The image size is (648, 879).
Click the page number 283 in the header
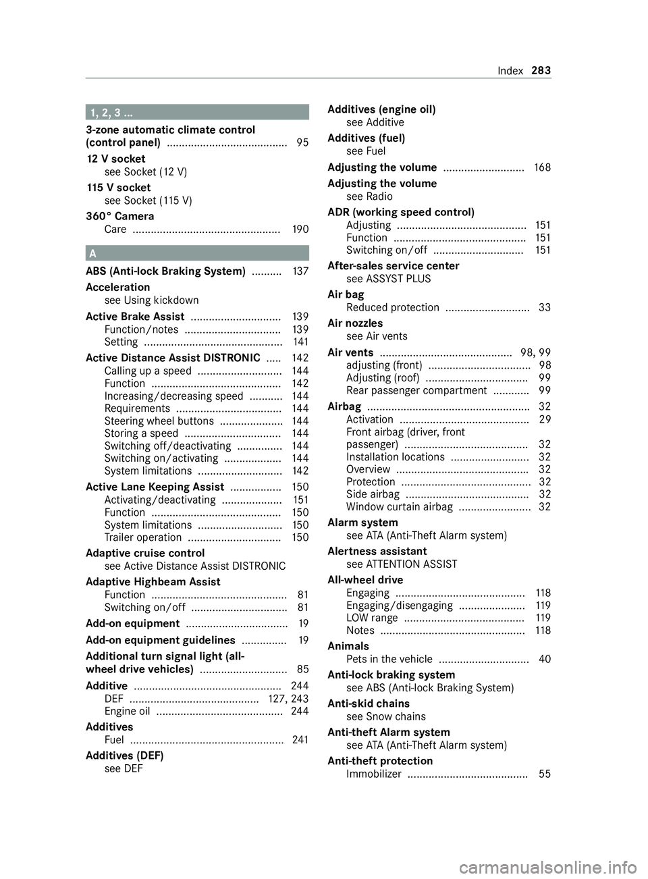coord(541,71)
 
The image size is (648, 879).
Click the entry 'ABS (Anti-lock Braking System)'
coord(165,271)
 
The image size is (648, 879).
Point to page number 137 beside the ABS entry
coord(300,271)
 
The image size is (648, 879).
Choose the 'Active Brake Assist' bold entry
coord(135,317)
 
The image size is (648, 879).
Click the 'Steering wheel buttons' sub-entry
coord(159,421)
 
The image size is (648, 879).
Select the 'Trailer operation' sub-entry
coord(143,538)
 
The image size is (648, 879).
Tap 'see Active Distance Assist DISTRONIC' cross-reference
coord(195,566)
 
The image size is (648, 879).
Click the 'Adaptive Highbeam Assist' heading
coord(153,582)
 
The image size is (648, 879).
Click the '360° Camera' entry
coord(120,217)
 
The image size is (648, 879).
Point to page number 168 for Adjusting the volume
coord(542,167)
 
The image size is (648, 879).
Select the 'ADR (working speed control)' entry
coord(401,212)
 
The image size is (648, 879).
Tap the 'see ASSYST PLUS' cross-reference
coord(388,279)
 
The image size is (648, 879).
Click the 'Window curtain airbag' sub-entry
coord(399,507)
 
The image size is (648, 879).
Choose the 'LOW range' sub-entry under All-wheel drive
coord(372,618)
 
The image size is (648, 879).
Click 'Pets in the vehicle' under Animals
coord(389,660)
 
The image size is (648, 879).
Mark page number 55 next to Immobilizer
coord(545,774)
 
